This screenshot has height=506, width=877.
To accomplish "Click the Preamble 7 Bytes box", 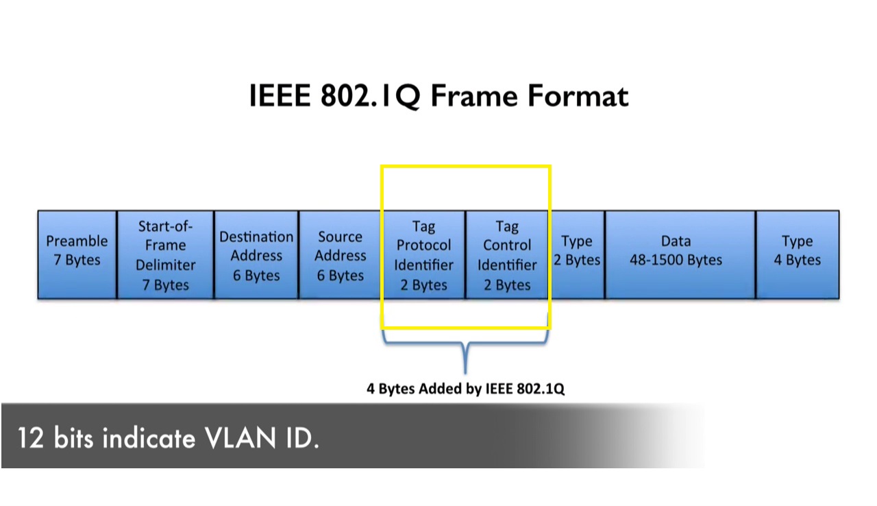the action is (77, 254).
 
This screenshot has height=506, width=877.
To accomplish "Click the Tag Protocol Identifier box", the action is (423, 255).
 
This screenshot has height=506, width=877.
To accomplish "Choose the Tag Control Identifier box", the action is (507, 255).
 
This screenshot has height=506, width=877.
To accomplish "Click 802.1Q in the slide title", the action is (369, 96).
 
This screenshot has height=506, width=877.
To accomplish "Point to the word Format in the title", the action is (578, 96).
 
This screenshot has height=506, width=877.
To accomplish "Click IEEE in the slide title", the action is (279, 96).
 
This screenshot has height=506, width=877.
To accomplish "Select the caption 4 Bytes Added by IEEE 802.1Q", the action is (465, 389).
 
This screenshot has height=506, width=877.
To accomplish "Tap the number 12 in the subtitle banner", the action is (31, 437).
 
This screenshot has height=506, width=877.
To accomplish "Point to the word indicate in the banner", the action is (148, 437).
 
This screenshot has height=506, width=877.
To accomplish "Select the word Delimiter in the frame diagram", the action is (165, 265).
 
